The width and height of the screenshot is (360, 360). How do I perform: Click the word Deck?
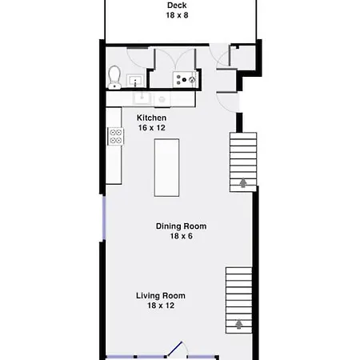point(177,6)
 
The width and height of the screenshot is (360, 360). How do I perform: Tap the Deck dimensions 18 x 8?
point(177,15)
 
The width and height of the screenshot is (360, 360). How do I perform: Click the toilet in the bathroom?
point(114,78)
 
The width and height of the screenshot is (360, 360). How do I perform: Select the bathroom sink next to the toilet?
point(135,80)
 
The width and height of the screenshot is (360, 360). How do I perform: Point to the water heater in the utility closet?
point(184,79)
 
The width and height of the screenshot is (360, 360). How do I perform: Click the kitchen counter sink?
point(142,98)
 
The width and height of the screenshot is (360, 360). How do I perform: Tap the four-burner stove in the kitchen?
point(116,136)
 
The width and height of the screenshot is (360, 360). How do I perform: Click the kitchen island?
point(166,168)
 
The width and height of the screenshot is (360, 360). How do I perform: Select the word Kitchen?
point(151,118)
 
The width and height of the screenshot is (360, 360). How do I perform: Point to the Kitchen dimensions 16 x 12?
point(151,128)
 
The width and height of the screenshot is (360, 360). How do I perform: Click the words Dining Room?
point(181,226)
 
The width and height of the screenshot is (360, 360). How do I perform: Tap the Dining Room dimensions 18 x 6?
point(182,236)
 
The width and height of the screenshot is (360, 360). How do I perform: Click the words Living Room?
point(161,295)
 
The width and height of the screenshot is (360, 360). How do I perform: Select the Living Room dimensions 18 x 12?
point(161,306)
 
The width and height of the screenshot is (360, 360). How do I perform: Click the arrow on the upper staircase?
point(243,183)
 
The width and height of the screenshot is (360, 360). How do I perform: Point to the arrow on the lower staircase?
point(239,324)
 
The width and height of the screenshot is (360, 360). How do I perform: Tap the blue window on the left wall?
point(104,218)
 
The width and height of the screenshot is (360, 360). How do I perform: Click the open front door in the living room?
point(175,349)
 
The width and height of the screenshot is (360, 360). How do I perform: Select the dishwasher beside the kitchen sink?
point(162,99)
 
